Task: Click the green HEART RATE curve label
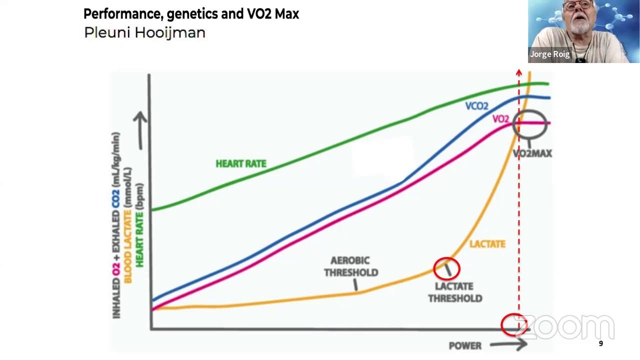240,163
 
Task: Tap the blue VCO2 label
476,106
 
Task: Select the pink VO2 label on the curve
500,119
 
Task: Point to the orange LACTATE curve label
487,244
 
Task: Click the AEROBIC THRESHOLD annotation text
351,266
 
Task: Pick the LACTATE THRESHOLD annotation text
454,292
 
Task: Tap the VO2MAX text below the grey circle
532,153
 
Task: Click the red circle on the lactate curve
446,269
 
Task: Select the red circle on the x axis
514,325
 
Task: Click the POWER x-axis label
465,345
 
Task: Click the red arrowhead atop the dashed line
518,73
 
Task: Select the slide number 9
600,343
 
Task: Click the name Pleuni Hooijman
144,33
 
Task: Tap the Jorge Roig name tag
549,54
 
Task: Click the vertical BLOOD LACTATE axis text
128,225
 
